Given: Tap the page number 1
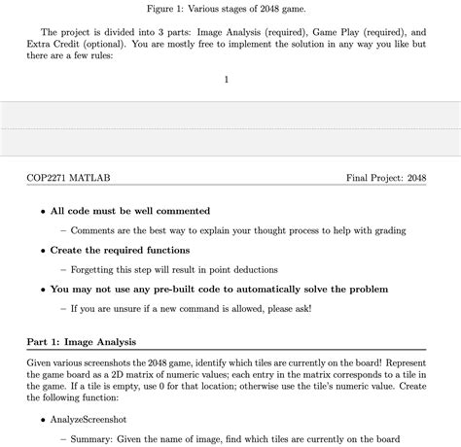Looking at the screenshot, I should [226, 79].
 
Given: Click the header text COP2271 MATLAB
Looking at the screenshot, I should [69, 178].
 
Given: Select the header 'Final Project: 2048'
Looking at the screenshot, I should [386, 178].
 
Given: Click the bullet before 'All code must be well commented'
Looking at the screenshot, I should [43, 211].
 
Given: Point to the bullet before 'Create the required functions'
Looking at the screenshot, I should [43, 251].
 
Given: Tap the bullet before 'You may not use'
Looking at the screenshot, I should [43, 290].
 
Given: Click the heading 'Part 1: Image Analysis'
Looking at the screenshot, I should [82, 342].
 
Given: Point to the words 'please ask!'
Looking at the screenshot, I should [281, 309].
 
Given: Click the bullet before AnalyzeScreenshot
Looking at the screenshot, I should [43, 419].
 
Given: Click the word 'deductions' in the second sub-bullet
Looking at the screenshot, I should [250, 269].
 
